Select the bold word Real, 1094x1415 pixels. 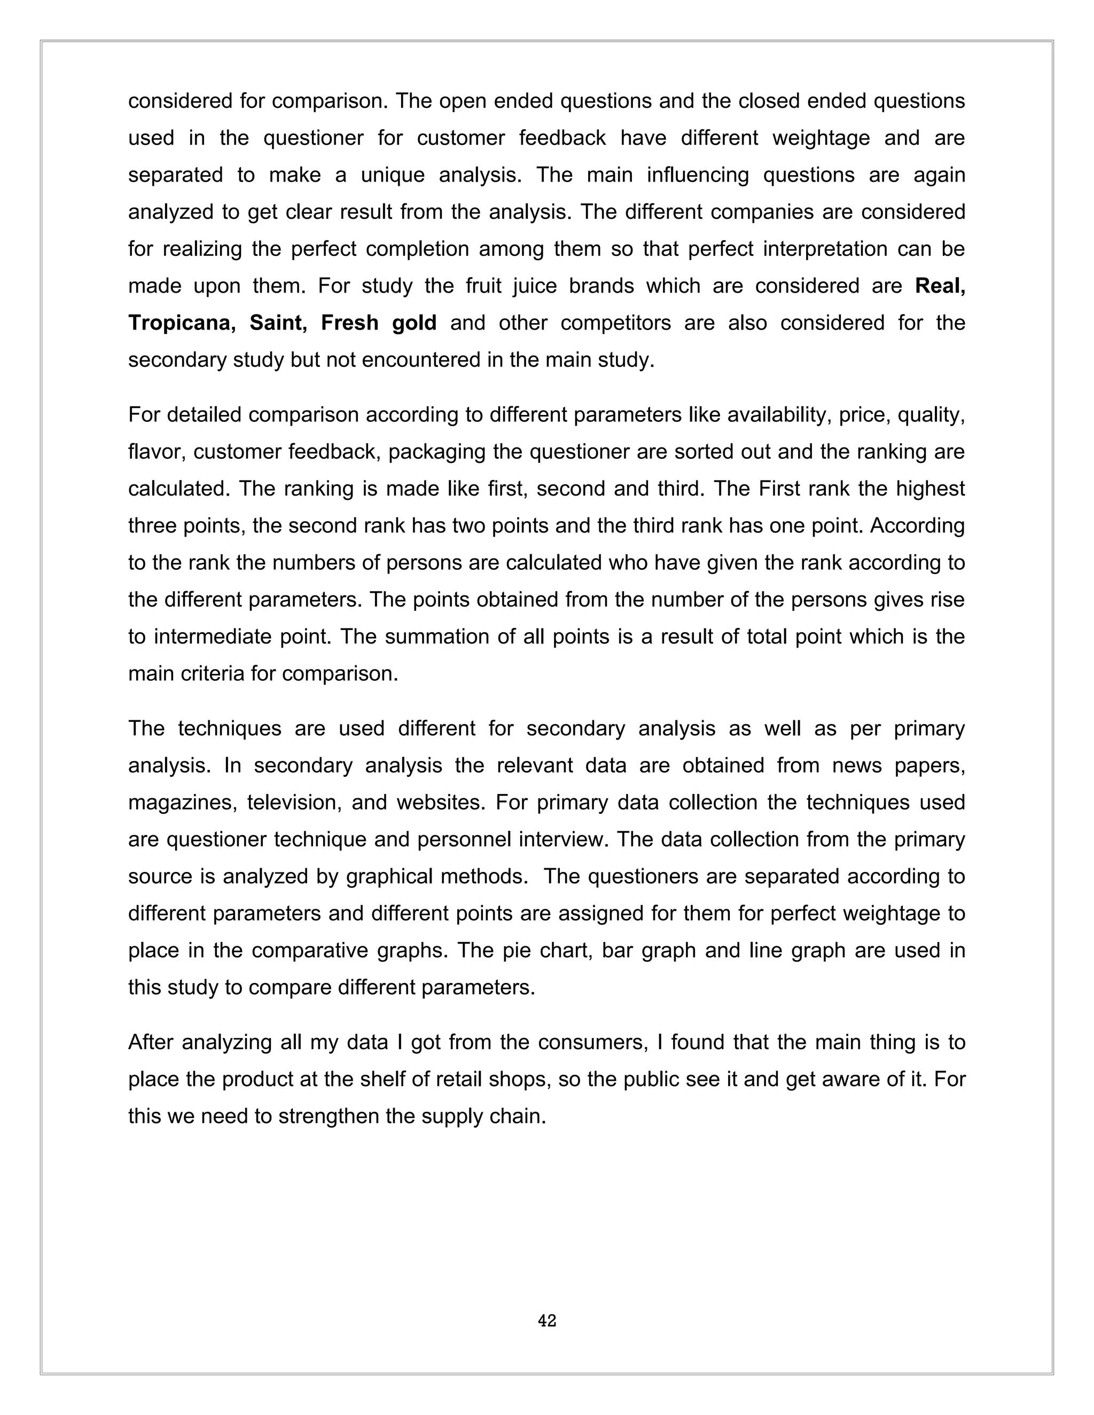[940, 286]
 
